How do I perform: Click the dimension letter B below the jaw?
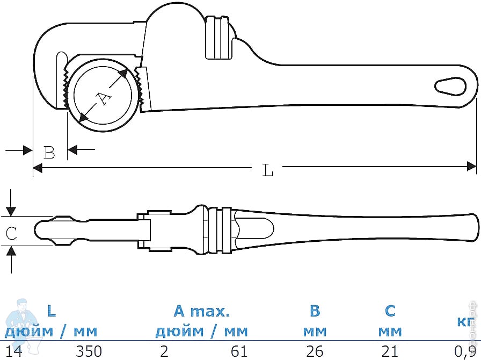pyautogui.click(x=49, y=153)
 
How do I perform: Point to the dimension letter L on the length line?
pyautogui.click(x=268, y=170)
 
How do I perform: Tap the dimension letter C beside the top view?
pyautogui.click(x=11, y=233)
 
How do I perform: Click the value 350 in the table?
pyautogui.click(x=89, y=351)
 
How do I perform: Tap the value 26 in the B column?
pyautogui.click(x=315, y=351)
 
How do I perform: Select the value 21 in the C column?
pyautogui.click(x=390, y=351)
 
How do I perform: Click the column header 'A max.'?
pyautogui.click(x=201, y=311)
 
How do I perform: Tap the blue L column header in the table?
pyautogui.click(x=51, y=311)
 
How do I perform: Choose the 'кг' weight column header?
pyautogui.click(x=464, y=322)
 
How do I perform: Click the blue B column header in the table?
pyautogui.click(x=315, y=311)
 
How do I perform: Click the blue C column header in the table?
pyautogui.click(x=390, y=311)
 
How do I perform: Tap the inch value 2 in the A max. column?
pyautogui.click(x=164, y=351)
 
